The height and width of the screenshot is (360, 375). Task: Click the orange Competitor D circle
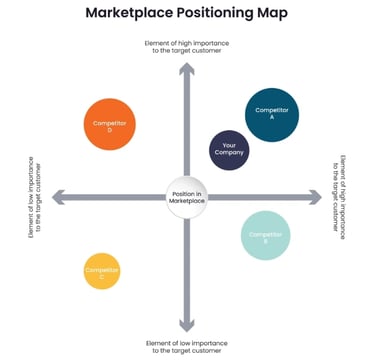[110, 125]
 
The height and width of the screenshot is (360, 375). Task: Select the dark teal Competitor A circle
[271, 114]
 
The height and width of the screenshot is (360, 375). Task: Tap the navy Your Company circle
[229, 150]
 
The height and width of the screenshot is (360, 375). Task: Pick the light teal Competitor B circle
[266, 236]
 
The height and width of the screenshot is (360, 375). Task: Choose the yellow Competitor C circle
[102, 270]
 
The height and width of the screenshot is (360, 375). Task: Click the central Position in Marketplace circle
[186, 198]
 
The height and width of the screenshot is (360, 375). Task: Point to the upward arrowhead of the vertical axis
[186, 69]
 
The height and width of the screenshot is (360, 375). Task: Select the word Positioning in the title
[222, 14]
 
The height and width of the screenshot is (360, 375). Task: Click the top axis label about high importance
[186, 48]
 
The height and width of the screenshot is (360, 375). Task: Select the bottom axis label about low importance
[186, 347]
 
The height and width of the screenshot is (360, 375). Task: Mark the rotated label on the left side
[35, 196]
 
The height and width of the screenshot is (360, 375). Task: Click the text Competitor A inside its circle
[271, 112]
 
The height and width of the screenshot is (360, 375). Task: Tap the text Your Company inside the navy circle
[229, 149]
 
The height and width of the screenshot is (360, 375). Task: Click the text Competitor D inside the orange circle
[110, 125]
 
